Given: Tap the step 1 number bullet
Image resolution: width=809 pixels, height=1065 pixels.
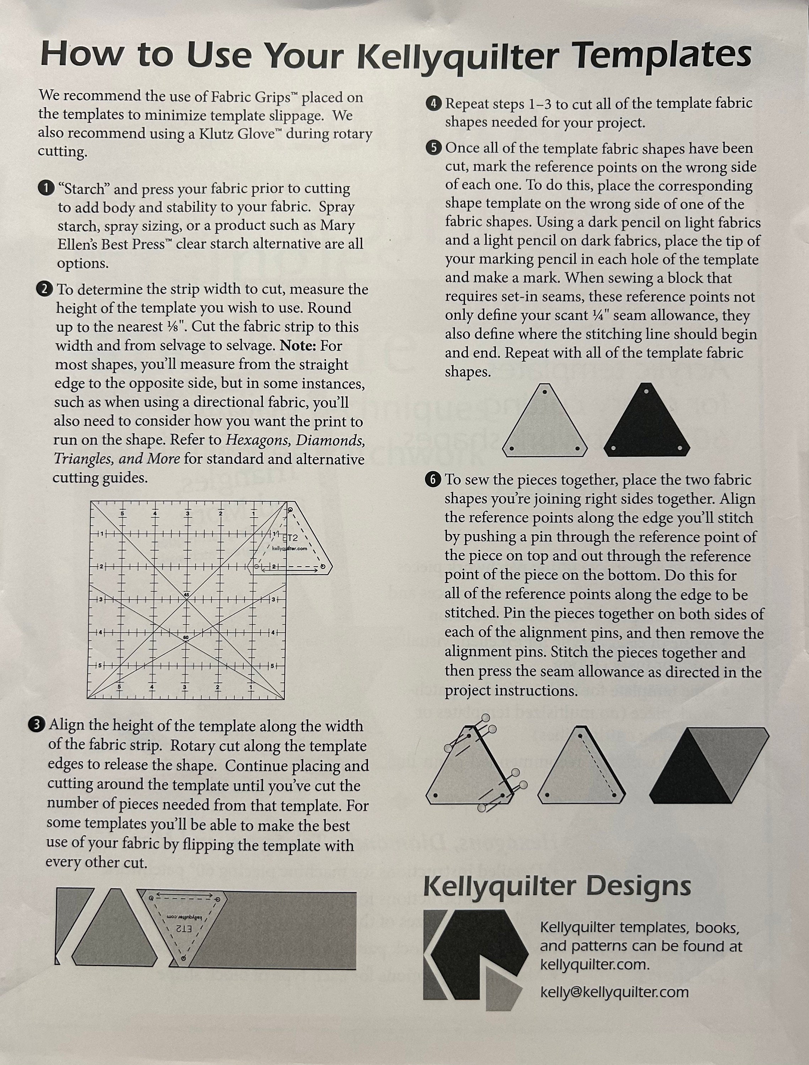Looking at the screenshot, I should tap(46, 188).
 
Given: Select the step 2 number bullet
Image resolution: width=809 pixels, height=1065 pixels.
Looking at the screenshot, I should tap(45, 289).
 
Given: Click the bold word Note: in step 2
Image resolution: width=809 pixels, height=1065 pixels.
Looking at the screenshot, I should tap(297, 346).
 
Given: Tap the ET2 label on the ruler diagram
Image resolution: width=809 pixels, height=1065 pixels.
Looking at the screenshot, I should tap(291, 538).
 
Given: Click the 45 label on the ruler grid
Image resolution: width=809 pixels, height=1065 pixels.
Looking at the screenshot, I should tap(186, 595).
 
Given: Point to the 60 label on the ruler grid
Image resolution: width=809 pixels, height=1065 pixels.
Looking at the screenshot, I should tap(186, 638).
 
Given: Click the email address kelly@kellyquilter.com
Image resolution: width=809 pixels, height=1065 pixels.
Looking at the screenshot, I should tap(614, 992).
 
